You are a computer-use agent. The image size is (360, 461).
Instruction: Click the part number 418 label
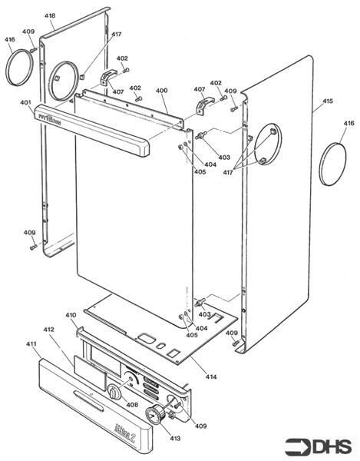(49, 16)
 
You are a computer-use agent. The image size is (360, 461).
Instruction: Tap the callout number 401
(26, 102)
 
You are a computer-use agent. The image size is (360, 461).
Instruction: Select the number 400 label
(161, 91)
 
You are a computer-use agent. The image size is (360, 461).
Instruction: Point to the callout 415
(327, 101)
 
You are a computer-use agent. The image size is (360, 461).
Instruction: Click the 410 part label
(71, 315)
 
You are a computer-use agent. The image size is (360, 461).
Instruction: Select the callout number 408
(132, 404)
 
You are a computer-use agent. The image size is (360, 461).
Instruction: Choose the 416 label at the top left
(10, 39)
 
